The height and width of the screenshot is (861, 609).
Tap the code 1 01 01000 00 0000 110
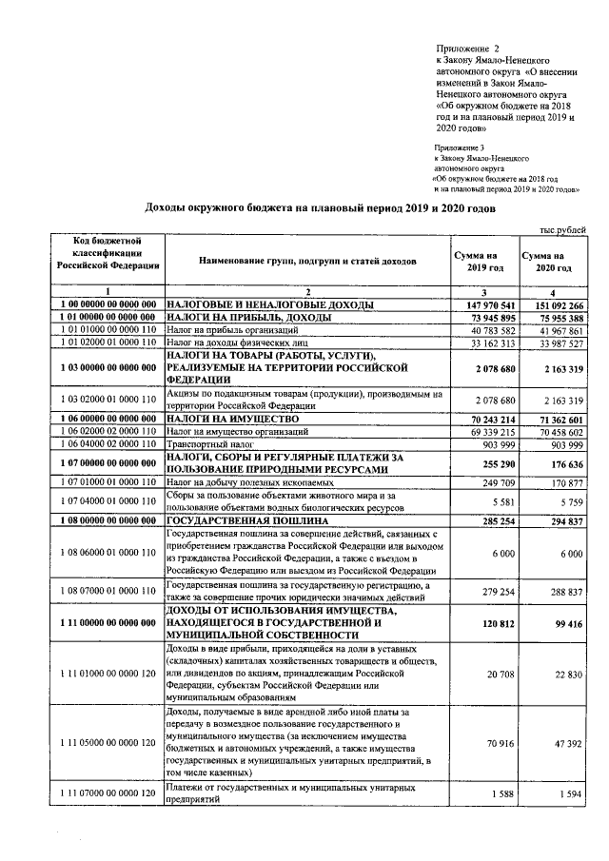tap(108, 330)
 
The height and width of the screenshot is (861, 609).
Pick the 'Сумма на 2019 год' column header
tap(485, 263)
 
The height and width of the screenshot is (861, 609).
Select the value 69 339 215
tap(489, 432)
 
